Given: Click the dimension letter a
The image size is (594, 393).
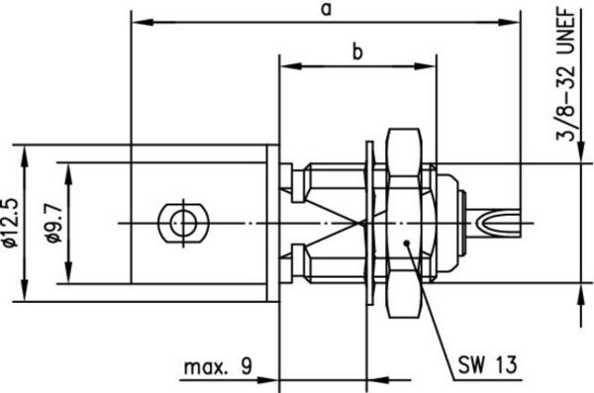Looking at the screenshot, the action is click(x=326, y=10).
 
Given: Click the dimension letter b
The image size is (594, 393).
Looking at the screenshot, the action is click(x=357, y=51).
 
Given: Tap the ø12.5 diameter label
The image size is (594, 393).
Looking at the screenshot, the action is click(x=11, y=223).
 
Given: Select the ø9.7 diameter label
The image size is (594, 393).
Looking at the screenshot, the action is click(x=53, y=223).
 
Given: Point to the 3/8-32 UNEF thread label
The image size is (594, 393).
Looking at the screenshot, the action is click(x=565, y=74).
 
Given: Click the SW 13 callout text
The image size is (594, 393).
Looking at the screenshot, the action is click(x=487, y=364).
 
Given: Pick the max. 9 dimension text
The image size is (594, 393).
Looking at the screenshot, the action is click(x=218, y=367).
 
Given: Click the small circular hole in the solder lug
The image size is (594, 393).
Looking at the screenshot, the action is click(x=183, y=223).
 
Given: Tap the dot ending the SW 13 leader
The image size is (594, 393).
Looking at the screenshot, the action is click(x=407, y=243).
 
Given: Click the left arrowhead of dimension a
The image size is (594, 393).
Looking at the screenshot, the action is click(x=143, y=22).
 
